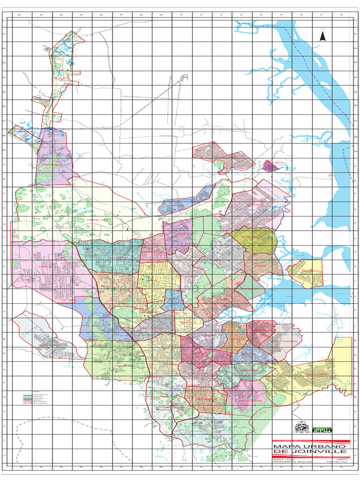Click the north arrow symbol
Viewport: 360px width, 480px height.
(x=322, y=36)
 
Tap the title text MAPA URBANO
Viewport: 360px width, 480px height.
(x=309, y=446)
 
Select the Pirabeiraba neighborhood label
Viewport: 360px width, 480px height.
(x=51, y=165)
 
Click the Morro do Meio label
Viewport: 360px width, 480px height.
(x=49, y=345)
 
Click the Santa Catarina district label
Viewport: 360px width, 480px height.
(x=157, y=397)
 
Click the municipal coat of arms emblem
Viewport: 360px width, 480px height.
(x=300, y=427)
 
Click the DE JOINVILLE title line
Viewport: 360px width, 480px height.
(x=309, y=452)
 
